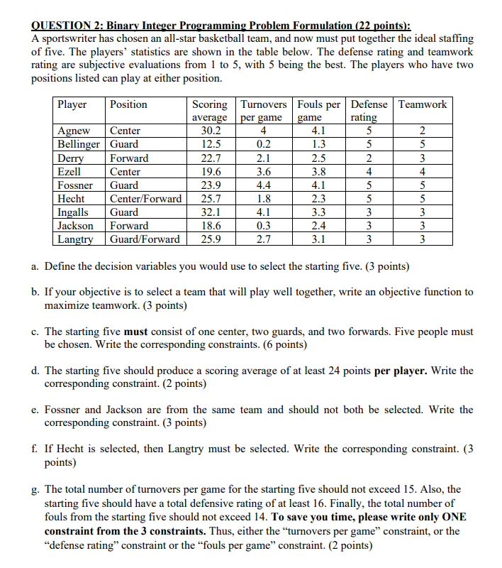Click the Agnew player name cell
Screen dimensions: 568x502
point(74,131)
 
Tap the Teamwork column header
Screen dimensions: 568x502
point(423,104)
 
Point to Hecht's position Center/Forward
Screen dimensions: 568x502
point(146,199)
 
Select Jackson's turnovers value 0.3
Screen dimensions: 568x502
point(262,226)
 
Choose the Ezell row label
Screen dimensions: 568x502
point(69,172)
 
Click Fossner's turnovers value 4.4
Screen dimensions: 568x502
point(262,185)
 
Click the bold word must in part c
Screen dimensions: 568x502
point(135,332)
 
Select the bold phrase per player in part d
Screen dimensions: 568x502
point(400,371)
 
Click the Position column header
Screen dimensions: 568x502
point(128,104)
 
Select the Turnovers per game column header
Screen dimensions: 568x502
point(262,111)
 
